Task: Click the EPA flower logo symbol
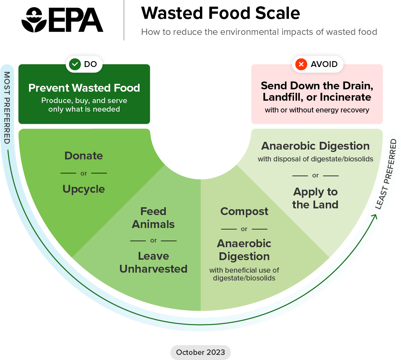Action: click(34, 20)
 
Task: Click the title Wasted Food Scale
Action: click(220, 14)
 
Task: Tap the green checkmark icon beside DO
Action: click(74, 64)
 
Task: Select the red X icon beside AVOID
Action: click(301, 64)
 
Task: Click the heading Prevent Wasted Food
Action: click(84, 88)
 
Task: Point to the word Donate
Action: click(83, 156)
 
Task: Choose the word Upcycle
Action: click(83, 189)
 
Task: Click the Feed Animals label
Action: click(153, 218)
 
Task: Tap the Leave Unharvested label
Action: click(153, 262)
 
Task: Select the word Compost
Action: click(244, 212)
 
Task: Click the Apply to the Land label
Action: click(315, 198)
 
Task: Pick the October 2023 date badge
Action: click(200, 352)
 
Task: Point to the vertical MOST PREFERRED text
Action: click(7, 107)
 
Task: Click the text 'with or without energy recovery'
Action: click(317, 110)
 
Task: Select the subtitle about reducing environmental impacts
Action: click(259, 32)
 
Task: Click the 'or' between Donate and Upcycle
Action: click(83, 173)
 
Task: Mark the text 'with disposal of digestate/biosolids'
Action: click(315, 159)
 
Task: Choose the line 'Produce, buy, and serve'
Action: click(84, 101)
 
